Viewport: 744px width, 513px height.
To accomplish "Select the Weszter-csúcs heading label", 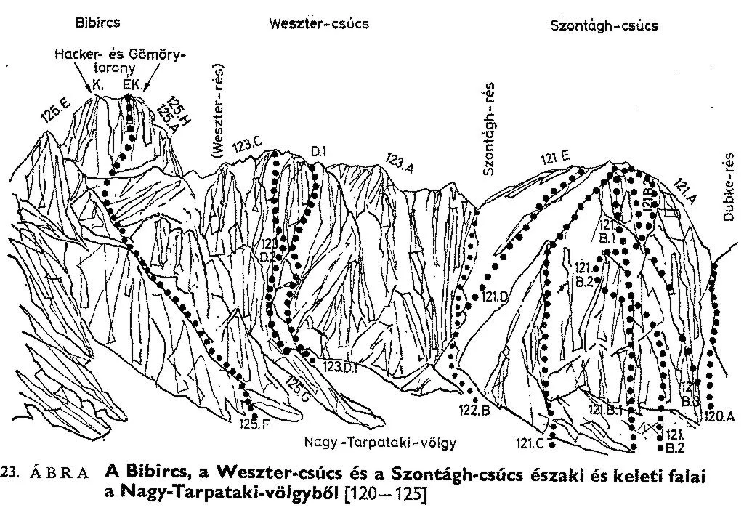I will point(319,23).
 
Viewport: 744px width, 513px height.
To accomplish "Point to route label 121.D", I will point(496,296).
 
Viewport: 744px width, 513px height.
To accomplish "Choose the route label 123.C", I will point(246,146).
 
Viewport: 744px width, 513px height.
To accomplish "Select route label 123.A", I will point(400,161).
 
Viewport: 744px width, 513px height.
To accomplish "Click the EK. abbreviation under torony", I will point(132,86).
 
